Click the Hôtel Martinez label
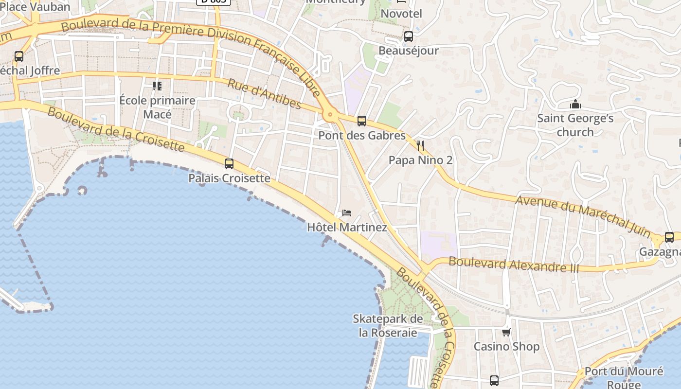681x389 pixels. point(347,227)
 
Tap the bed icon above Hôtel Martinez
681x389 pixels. point(347,213)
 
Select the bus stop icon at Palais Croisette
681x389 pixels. point(229,164)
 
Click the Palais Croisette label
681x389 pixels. point(229,178)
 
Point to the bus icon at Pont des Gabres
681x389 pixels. point(361,121)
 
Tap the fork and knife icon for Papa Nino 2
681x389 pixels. point(421,145)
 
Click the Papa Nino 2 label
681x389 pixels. point(420,160)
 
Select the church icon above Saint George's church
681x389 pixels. point(575,105)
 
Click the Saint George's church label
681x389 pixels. point(575,125)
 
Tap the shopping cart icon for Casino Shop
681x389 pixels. point(506,332)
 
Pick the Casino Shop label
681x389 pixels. point(506,346)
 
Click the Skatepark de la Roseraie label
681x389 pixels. point(388,326)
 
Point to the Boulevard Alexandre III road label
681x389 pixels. point(514,265)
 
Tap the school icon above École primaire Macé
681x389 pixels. point(157,86)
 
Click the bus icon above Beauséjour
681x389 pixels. point(409,36)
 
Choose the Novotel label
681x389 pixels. point(401,14)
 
